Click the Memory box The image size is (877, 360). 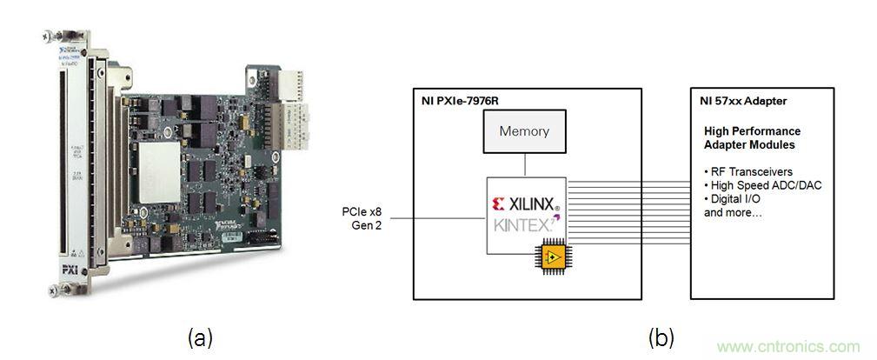524,133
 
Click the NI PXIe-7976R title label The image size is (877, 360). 462,100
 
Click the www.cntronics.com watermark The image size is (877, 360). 787,346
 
